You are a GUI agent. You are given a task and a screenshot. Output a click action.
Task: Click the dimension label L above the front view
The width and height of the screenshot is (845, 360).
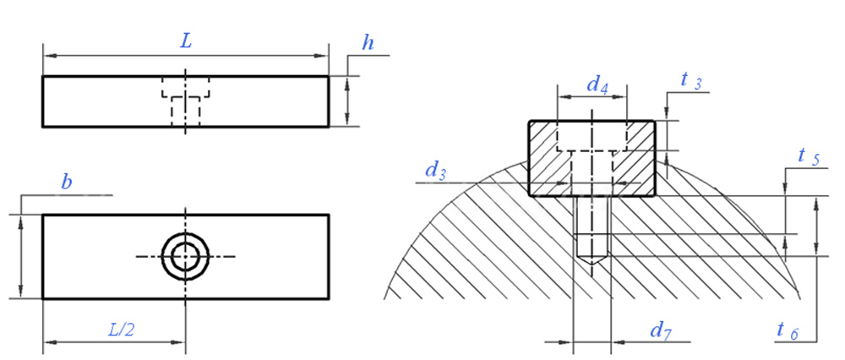pyautogui.click(x=187, y=41)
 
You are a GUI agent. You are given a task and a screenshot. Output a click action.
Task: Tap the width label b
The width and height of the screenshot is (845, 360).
pyautogui.click(x=66, y=181)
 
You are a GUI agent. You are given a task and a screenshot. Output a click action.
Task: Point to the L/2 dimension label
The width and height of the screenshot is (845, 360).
pyautogui.click(x=120, y=330)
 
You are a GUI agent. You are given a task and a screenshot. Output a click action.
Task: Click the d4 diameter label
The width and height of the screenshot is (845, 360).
pyautogui.click(x=597, y=85)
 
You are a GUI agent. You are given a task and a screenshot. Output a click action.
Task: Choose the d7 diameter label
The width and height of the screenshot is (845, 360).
pyautogui.click(x=660, y=330)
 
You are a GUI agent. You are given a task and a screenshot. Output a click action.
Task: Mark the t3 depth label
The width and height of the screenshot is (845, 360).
pyautogui.click(x=690, y=81)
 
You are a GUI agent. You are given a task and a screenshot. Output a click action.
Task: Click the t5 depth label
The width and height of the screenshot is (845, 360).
pyautogui.click(x=809, y=156)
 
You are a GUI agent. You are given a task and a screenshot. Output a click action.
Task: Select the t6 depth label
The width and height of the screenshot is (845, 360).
pyautogui.click(x=787, y=330)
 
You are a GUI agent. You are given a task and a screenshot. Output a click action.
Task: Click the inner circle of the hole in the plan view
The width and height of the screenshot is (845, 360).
pyautogui.click(x=185, y=255)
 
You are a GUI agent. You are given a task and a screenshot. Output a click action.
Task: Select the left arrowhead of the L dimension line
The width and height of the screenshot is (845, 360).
pyautogui.click(x=47, y=56)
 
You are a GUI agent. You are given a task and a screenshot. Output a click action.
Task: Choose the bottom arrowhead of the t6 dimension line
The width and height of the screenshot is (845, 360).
pyautogui.click(x=815, y=250)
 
